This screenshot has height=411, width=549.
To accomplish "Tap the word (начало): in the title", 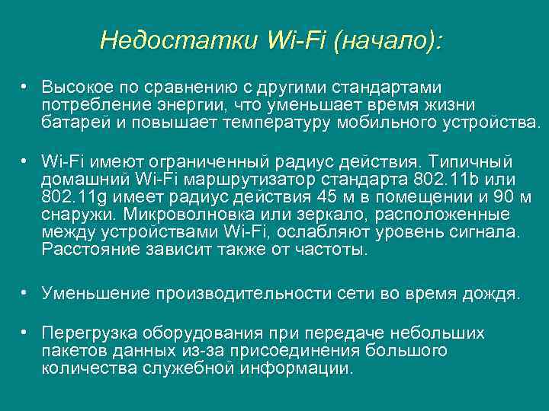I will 387,40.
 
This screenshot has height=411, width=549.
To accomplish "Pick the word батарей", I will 72,122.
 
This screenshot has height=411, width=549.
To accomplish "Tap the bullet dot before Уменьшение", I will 25,292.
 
